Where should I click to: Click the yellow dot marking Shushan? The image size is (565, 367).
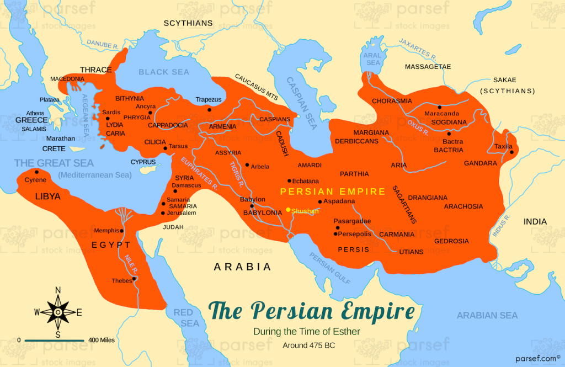(x=288, y=210)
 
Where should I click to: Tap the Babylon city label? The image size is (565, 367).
(x=253, y=199)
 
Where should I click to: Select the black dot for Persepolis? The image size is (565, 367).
(x=335, y=234)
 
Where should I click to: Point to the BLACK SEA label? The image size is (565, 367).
(x=164, y=72)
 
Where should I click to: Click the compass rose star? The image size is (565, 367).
(x=58, y=312)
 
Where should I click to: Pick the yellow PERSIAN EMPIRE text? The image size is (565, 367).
(x=333, y=192)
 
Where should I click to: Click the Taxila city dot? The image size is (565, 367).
(x=511, y=152)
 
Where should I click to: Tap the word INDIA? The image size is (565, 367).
(x=535, y=222)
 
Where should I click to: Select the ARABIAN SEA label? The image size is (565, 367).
(x=487, y=315)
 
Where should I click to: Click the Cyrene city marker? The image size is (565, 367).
(x=37, y=172)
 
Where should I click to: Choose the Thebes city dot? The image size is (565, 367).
(x=134, y=278)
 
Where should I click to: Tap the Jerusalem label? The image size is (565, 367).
(x=182, y=212)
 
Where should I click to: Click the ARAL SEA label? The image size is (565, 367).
(x=374, y=59)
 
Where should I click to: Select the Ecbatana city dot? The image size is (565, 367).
(x=289, y=180)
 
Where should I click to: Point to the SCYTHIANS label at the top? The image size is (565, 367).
(x=188, y=23)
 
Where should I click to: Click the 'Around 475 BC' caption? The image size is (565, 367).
(x=308, y=345)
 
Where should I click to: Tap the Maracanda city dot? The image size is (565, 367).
(x=439, y=107)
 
